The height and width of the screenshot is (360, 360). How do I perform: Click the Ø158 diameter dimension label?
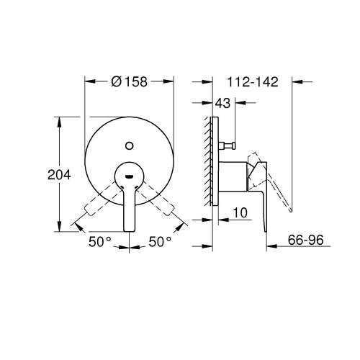[x=129, y=82]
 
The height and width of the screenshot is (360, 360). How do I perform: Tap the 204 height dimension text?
[x=59, y=174]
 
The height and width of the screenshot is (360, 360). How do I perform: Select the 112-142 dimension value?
[x=253, y=82]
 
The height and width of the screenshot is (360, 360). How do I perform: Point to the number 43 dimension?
[x=222, y=103]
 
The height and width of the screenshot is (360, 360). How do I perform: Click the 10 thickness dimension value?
[x=240, y=212]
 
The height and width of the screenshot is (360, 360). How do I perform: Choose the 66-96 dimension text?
[x=306, y=240]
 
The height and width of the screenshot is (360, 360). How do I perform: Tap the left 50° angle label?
[x=100, y=241]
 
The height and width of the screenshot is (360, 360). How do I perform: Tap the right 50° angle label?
[x=160, y=241]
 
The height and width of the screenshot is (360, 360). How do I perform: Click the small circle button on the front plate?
[x=130, y=145]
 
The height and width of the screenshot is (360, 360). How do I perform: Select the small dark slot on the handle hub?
[x=129, y=176]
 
